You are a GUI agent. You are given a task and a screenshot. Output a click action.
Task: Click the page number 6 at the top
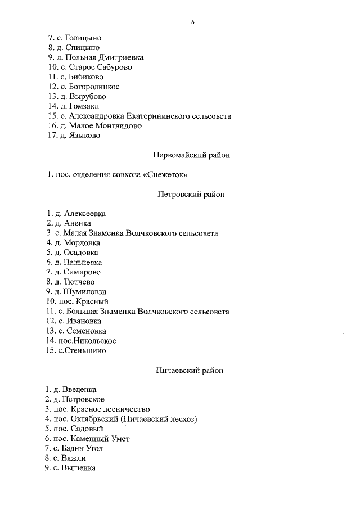tap(192, 22)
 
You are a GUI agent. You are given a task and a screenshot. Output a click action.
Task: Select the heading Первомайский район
tap(191, 155)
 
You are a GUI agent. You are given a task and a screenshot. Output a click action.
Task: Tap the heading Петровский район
tap(191, 194)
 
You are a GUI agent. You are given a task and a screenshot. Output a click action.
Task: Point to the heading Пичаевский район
tap(189, 370)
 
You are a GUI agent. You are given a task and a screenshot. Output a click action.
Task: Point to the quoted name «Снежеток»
tap(164, 175)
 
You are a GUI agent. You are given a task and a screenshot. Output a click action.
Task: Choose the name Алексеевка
tap(85, 214)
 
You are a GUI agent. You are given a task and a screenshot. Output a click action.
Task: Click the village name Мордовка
tap(82, 243)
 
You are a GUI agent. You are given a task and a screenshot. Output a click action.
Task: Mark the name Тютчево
tap(79, 282)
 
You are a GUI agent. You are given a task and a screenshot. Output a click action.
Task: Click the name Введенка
tap(80, 389)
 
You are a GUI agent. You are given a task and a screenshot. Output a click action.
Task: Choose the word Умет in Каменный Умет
tap(119, 438)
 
